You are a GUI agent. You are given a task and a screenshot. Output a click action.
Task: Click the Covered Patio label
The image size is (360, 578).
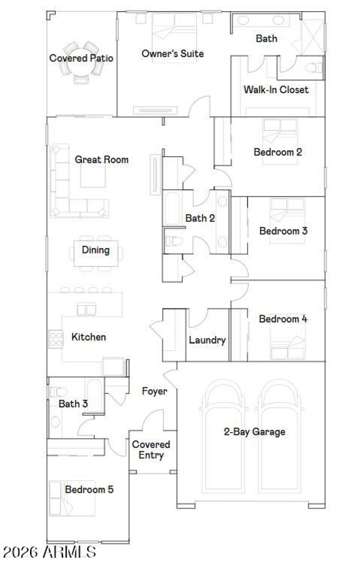point(81,59)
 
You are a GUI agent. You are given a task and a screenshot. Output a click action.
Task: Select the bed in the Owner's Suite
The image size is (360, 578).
point(174,36)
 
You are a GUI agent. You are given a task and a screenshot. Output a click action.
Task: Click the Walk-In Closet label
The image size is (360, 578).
point(276,90)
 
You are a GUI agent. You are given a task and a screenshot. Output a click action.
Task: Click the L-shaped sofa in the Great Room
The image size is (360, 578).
point(67,189)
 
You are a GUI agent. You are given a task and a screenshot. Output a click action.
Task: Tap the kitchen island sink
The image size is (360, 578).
point(86,309)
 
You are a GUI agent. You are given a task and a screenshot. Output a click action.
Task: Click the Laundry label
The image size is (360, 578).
point(207,340)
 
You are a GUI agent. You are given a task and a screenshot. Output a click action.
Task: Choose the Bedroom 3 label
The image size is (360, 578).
point(283,231)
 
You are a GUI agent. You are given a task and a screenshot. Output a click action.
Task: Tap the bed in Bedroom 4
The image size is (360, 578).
point(288,344)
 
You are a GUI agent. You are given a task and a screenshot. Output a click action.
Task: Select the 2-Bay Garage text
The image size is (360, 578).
point(254,432)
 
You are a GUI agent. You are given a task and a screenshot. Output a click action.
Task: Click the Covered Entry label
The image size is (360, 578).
point(151,450)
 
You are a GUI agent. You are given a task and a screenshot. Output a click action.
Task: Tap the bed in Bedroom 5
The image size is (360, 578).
point(61,497)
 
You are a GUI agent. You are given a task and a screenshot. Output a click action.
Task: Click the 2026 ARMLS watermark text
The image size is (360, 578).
point(49,552)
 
